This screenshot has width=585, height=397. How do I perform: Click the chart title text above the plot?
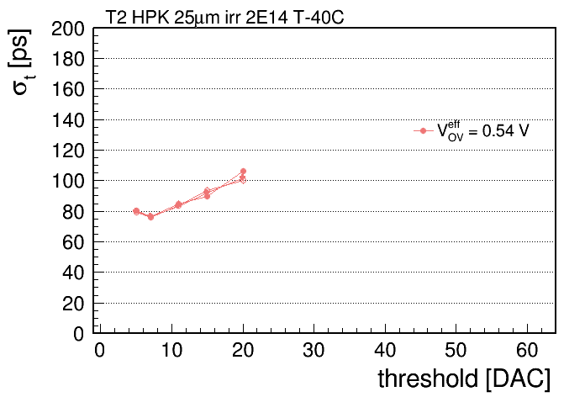(224, 17)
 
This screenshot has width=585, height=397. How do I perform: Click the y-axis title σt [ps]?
(21, 62)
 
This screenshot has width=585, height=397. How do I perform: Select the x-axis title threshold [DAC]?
(464, 378)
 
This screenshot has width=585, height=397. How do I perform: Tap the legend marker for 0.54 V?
(423, 130)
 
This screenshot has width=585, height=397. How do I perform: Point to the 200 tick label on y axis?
(68, 29)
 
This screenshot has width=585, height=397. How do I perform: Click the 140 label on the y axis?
(68, 120)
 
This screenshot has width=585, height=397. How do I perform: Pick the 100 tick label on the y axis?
(68, 181)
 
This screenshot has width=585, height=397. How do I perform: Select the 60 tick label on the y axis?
(73, 242)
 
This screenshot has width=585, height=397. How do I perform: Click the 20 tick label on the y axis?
(73, 304)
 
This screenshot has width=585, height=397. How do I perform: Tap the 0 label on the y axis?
(79, 334)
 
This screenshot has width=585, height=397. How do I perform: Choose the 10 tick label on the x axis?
(171, 350)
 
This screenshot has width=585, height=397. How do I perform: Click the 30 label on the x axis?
(314, 350)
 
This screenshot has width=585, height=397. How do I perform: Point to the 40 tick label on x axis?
(385, 350)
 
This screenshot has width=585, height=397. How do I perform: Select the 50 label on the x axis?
(456, 350)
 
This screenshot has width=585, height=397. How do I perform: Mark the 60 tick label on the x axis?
(527, 350)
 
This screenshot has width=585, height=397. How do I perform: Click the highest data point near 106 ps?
(243, 172)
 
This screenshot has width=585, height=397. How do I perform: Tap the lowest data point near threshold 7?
(150, 217)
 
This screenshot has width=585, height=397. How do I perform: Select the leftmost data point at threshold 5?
(136, 211)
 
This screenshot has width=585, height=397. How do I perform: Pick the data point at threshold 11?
(179, 204)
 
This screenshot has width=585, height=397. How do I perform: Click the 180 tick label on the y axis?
(68, 59)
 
